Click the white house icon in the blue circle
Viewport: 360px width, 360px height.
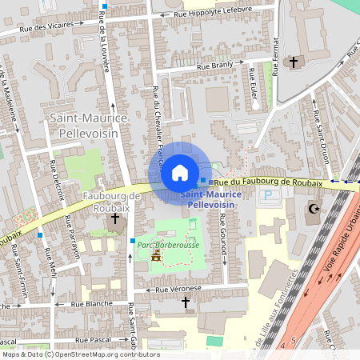tap(179, 172)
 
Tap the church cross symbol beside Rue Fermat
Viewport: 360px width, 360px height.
tap(293, 62)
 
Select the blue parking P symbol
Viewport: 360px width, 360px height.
tap(268, 194)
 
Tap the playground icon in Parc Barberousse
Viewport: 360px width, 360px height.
tap(157, 254)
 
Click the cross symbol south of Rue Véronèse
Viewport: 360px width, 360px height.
tap(186, 302)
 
